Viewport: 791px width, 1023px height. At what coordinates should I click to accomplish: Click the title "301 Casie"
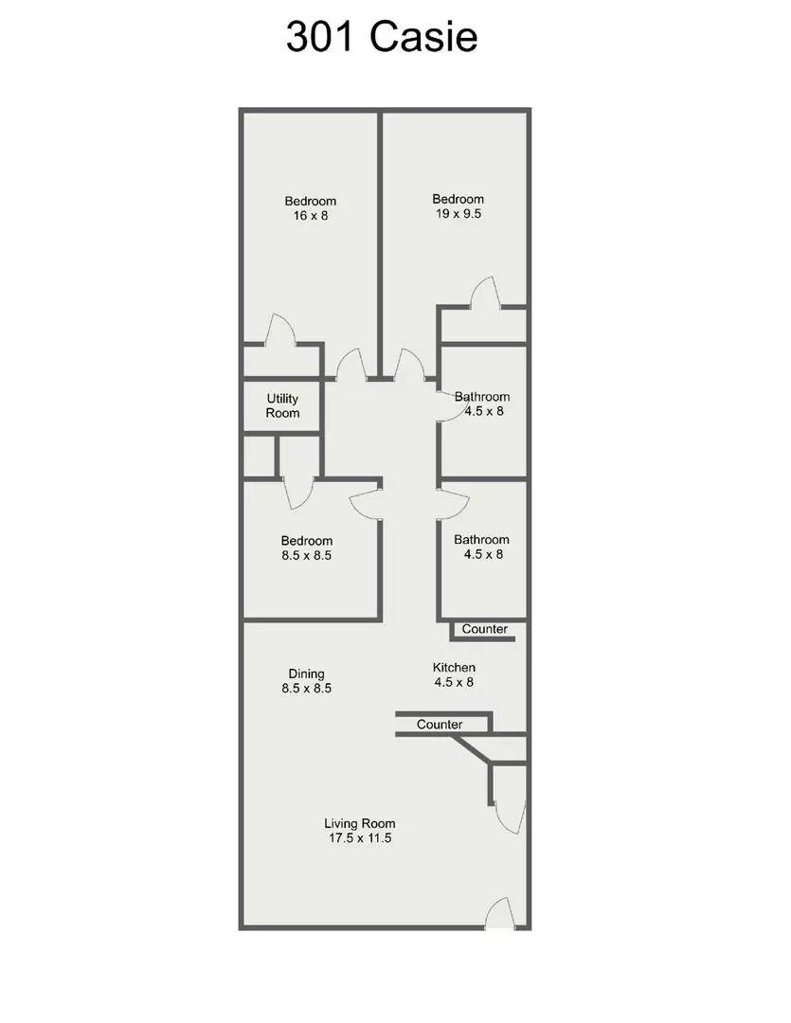[x=382, y=37]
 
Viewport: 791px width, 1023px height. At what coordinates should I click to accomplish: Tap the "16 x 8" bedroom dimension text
[x=311, y=215]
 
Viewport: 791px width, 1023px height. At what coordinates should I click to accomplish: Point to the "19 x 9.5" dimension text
[x=458, y=213]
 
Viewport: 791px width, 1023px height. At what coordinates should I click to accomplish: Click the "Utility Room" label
[x=282, y=405]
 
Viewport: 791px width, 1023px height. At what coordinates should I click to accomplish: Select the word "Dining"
[x=306, y=674]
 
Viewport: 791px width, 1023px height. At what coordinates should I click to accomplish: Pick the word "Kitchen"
[x=454, y=668]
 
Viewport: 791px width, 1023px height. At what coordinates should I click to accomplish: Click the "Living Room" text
[x=360, y=823]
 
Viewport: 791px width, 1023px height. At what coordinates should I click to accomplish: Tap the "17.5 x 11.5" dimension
[x=360, y=838]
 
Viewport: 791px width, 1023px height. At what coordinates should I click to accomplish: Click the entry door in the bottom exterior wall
[x=500, y=913]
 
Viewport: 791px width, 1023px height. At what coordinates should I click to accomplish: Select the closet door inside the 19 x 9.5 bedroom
[x=486, y=293]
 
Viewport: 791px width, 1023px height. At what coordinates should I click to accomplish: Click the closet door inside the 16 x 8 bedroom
[x=279, y=330]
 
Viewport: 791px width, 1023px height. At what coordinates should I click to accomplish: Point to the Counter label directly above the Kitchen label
[x=484, y=629]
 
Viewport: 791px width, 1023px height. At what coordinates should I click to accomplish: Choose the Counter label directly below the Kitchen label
[x=440, y=725]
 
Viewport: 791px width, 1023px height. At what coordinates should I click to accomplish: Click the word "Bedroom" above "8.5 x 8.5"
[x=307, y=541]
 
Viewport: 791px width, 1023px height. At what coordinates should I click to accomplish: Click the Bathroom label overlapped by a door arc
[x=481, y=397]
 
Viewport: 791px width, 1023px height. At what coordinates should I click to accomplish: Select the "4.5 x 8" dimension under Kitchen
[x=454, y=682]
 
